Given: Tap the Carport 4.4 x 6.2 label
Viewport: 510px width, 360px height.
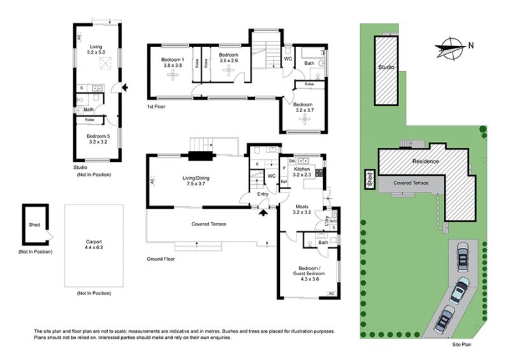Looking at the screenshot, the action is [x=94, y=245].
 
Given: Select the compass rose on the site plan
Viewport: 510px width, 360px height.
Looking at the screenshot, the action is [x=450, y=48].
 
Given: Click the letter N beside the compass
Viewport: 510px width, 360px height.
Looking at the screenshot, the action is [x=471, y=45].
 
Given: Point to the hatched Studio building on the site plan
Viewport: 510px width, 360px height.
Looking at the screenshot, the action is [x=386, y=71].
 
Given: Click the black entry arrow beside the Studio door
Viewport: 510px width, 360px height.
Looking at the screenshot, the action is [x=124, y=87].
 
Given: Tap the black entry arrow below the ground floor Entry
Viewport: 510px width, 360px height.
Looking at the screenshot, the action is [x=263, y=213].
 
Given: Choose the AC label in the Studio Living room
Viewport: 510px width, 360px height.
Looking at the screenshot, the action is [x=79, y=38].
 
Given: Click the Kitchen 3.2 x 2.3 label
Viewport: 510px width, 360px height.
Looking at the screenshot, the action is [x=302, y=172].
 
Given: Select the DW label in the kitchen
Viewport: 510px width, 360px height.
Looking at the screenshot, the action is [x=292, y=161].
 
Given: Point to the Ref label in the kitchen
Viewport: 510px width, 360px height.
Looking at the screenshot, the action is [x=284, y=182].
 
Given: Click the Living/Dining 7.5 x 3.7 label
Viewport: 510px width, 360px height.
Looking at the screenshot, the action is [x=196, y=181].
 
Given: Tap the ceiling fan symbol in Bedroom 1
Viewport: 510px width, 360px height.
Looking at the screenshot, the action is [x=173, y=75].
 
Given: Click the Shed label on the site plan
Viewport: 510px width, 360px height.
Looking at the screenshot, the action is [x=370, y=180].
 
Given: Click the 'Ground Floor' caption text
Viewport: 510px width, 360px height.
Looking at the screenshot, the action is [x=161, y=259].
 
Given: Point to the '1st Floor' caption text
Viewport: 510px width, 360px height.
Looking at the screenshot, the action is [x=156, y=106].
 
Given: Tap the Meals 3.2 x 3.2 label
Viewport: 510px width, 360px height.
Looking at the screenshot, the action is [x=302, y=210].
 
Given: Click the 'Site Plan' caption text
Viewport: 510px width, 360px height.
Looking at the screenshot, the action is [x=462, y=345].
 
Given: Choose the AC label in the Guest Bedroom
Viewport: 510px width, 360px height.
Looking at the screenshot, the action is [x=331, y=294].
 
